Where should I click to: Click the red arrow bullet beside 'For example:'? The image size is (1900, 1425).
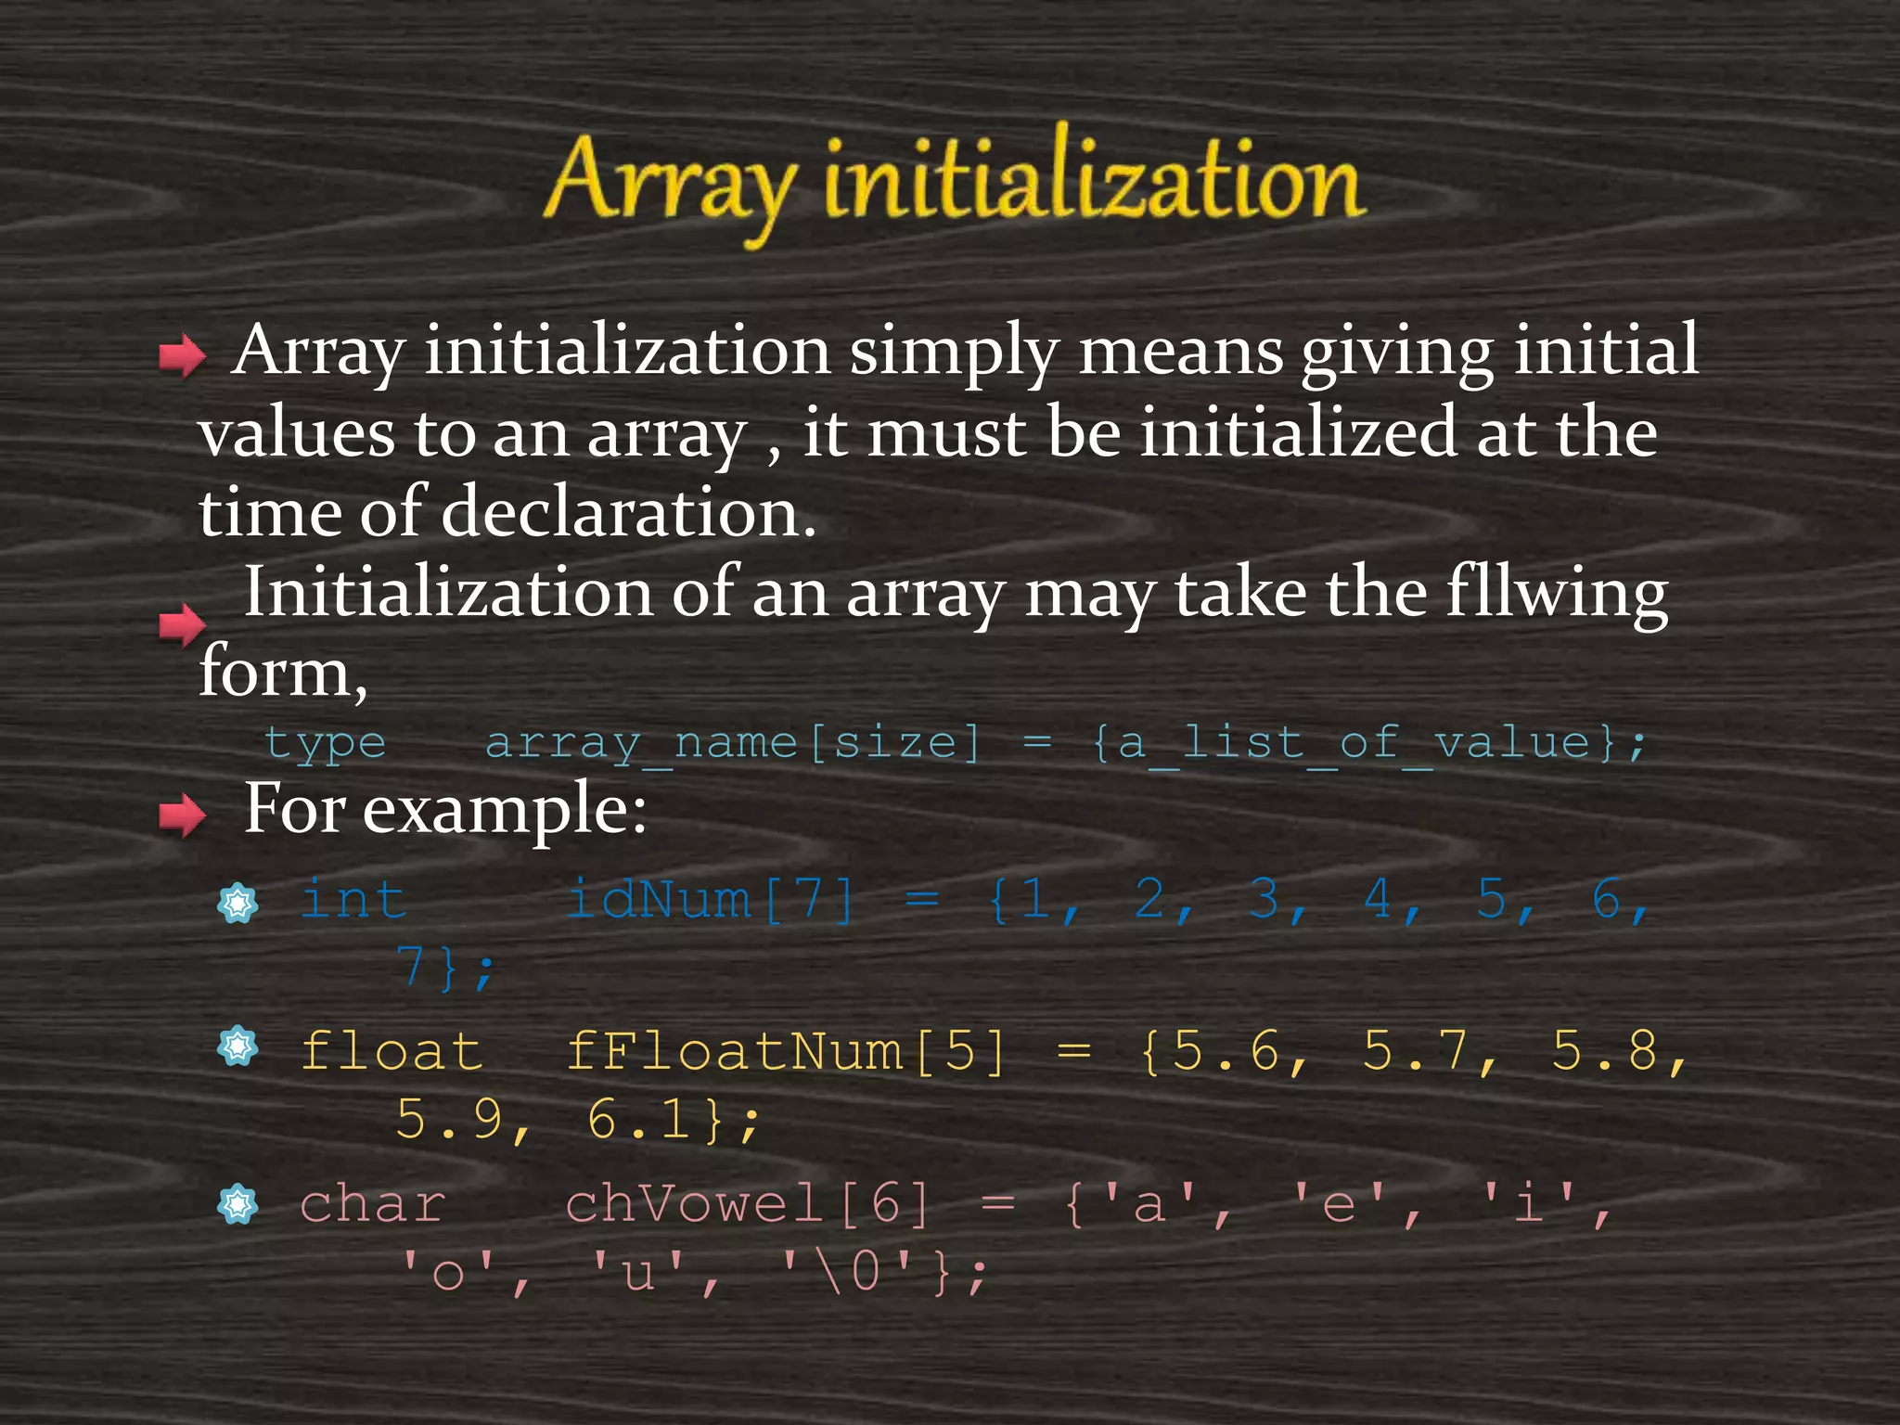(182, 815)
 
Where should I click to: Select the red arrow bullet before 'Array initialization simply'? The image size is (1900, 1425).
(182, 356)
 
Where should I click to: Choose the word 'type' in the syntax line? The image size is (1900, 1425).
(325, 743)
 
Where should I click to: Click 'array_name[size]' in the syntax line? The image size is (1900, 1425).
(733, 743)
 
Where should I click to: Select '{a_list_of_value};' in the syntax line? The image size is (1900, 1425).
(1368, 743)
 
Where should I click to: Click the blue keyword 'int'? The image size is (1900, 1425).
(353, 900)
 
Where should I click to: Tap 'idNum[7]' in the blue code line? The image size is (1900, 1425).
(710, 900)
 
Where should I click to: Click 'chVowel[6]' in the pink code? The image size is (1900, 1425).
(748, 1205)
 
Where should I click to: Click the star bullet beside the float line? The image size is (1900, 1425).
(237, 1047)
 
